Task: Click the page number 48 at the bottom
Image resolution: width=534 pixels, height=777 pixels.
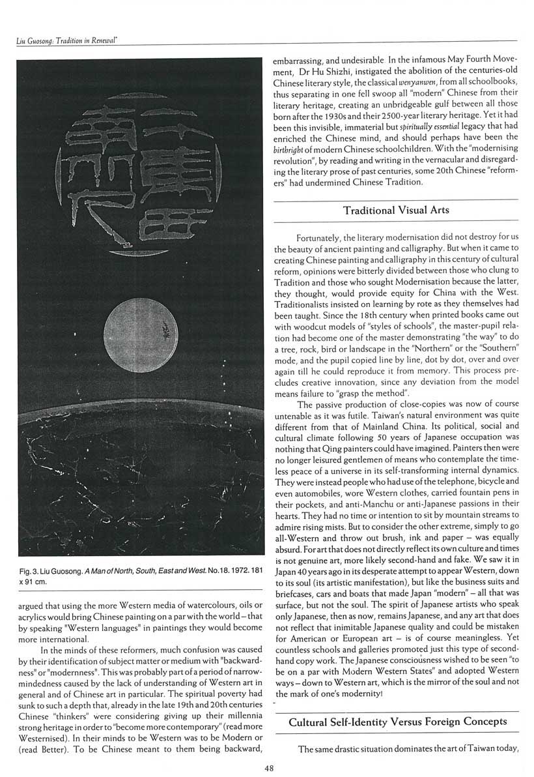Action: coord(269,768)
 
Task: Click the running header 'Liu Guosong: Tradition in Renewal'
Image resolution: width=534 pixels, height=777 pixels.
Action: coord(70,41)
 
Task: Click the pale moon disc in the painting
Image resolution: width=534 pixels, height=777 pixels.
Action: coord(141,326)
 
